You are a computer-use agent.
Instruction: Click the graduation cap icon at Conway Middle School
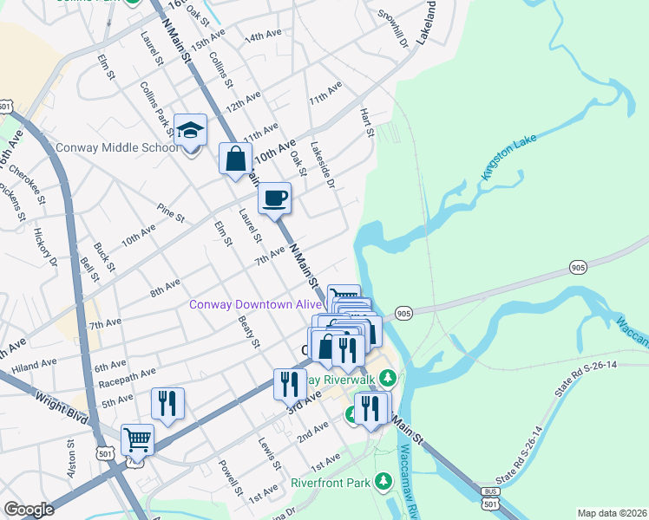pyautogui.click(x=190, y=131)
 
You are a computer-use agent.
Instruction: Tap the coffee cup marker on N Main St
pyautogui.click(x=275, y=198)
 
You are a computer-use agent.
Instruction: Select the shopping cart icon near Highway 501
pyautogui.click(x=138, y=439)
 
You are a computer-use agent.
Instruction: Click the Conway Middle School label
pyautogui.click(x=117, y=147)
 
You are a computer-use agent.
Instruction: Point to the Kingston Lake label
pyautogui.click(x=511, y=158)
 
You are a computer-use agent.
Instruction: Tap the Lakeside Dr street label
pyautogui.click(x=322, y=162)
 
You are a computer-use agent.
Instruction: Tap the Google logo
pyautogui.click(x=29, y=510)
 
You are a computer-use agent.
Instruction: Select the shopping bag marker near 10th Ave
pyautogui.click(x=235, y=159)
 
